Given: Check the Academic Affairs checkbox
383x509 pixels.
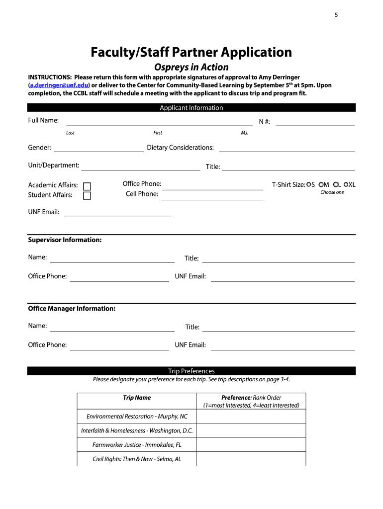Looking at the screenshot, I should tap(87, 186).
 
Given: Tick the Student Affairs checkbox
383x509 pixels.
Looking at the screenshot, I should tap(87, 195).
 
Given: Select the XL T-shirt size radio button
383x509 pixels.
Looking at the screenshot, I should tap(346, 184).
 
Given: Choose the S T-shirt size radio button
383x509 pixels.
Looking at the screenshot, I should tap(309, 184).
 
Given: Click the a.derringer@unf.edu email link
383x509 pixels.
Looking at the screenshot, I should tap(59, 85).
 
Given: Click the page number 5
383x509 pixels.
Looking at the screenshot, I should tap(336, 15).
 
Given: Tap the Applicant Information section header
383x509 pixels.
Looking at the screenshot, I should tap(191, 108).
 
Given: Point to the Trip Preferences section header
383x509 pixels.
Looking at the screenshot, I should tap(191, 371).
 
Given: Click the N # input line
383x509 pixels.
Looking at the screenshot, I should tap(315, 123).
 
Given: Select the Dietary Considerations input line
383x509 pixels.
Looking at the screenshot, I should tap(287, 149).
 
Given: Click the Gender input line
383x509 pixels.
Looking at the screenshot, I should tap(98, 148).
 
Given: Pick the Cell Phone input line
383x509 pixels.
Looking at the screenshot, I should tap(212, 197).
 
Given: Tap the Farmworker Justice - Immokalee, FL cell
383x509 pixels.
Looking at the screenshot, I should tap(137, 445).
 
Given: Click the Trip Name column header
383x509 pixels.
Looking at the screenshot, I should tap(137, 398).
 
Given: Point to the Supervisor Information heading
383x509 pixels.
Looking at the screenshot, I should tap(65, 240).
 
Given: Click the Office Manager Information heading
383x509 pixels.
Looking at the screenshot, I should tap(72, 309).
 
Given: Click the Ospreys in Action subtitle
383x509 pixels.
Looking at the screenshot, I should tap(191, 67).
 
